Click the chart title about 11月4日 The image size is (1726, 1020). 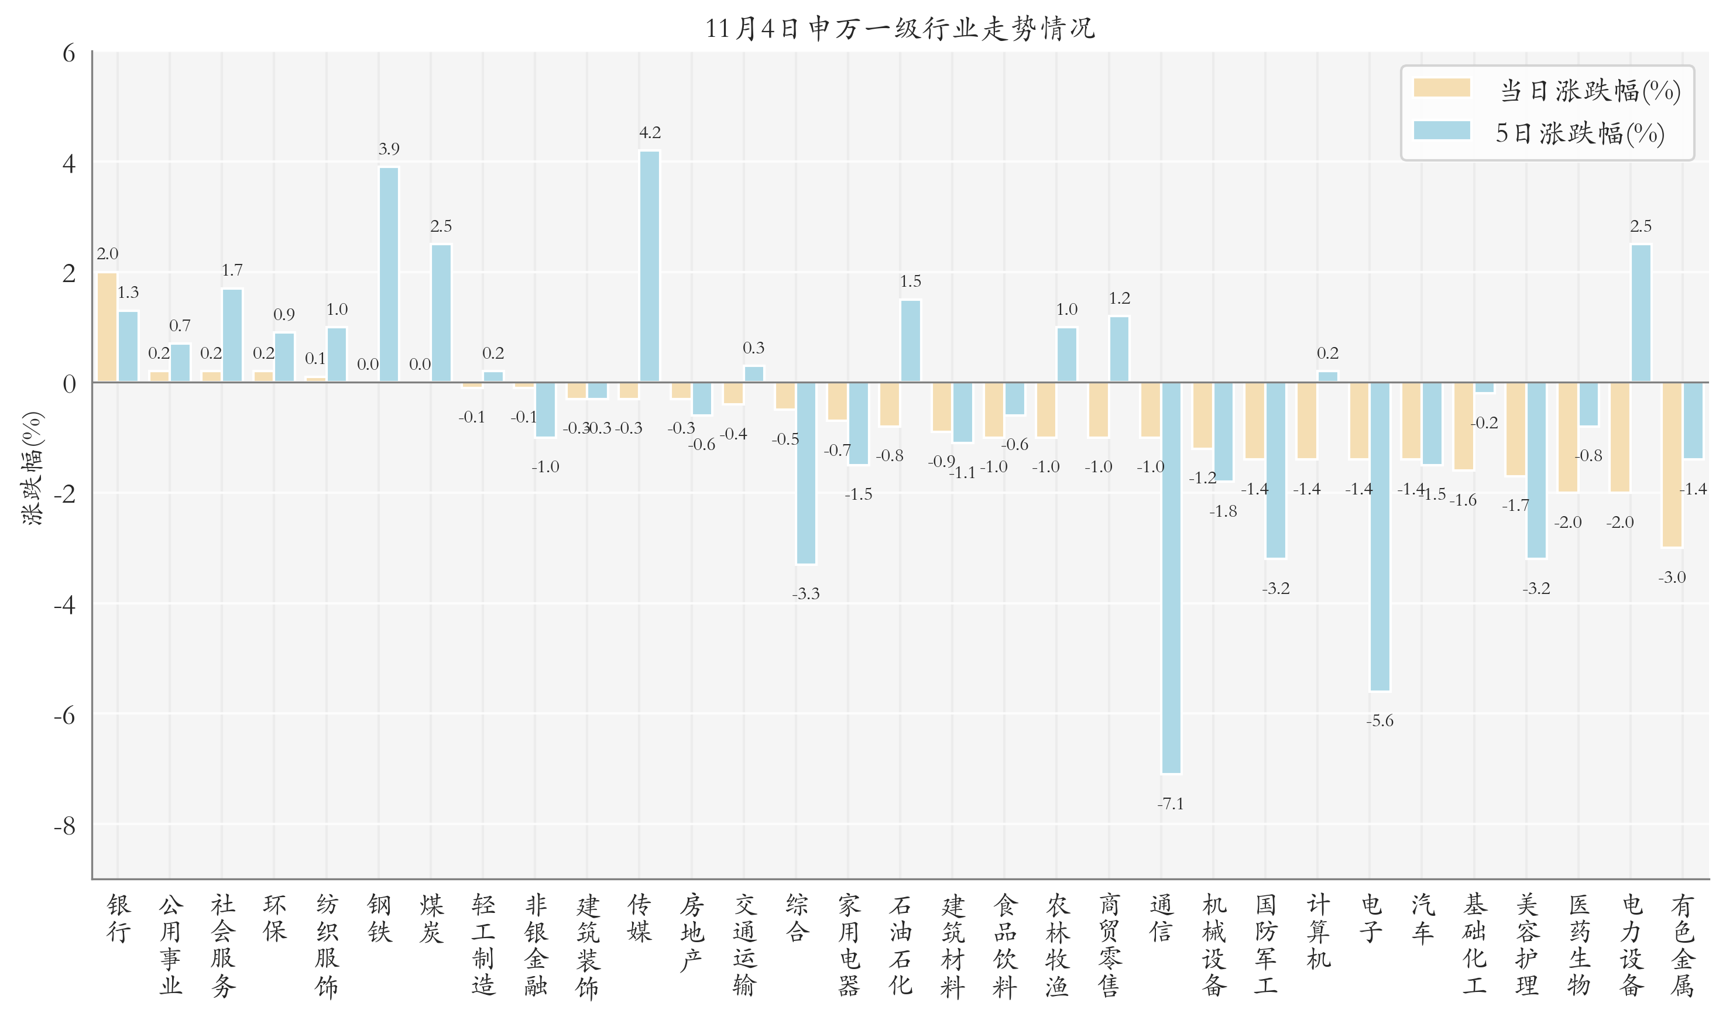click(x=899, y=29)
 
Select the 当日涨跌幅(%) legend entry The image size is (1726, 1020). click(x=1546, y=91)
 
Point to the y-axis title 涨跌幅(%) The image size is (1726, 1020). click(x=32, y=468)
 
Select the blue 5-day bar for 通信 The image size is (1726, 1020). click(x=1171, y=578)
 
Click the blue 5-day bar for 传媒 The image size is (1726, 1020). click(x=650, y=267)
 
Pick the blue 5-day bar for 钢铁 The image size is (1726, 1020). click(x=389, y=275)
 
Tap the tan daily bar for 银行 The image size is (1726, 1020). click(x=107, y=327)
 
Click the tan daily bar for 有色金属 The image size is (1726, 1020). click(x=1672, y=465)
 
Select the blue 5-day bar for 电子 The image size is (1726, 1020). click(x=1380, y=536)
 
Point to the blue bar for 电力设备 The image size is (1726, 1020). click(x=1641, y=314)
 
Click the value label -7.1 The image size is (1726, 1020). click(x=1171, y=803)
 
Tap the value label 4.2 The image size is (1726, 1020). click(x=650, y=133)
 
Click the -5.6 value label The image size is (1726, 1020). click(x=1380, y=721)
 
